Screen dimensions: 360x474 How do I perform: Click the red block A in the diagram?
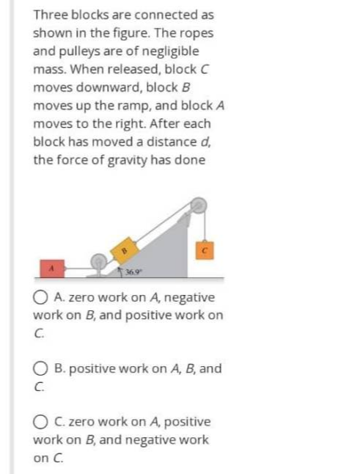[52, 269]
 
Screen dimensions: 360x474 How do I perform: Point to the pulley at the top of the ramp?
[196, 207]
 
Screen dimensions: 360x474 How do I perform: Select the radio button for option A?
[40, 298]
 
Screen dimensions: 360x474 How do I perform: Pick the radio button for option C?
[40, 422]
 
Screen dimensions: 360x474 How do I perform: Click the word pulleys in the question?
[73, 51]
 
